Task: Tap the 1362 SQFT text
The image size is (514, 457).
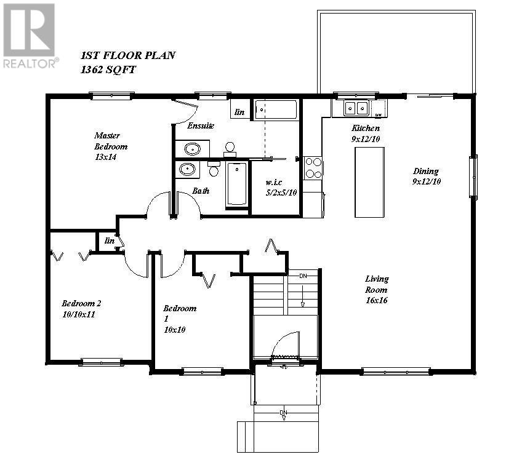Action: [x=108, y=70]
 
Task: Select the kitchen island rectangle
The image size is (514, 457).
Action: [x=369, y=181]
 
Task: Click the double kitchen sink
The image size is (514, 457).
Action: [x=355, y=109]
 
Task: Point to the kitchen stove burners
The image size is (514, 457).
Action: [x=313, y=168]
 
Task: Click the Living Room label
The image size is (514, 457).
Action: [x=377, y=289]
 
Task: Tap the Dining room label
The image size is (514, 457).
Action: [x=426, y=176]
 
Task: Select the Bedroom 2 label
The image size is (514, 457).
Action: [x=81, y=308]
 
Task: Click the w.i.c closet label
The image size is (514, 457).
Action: [x=275, y=187]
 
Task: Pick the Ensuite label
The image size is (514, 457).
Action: [x=201, y=125]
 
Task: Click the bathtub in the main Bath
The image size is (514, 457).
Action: [x=236, y=184]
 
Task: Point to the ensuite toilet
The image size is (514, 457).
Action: [x=230, y=148]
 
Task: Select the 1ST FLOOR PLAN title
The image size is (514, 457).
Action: [x=128, y=55]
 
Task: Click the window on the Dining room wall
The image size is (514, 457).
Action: [x=473, y=177]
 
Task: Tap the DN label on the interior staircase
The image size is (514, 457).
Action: [x=302, y=276]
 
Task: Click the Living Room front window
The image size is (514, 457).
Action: [x=395, y=371]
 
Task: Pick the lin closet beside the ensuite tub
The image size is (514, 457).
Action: [x=239, y=111]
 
